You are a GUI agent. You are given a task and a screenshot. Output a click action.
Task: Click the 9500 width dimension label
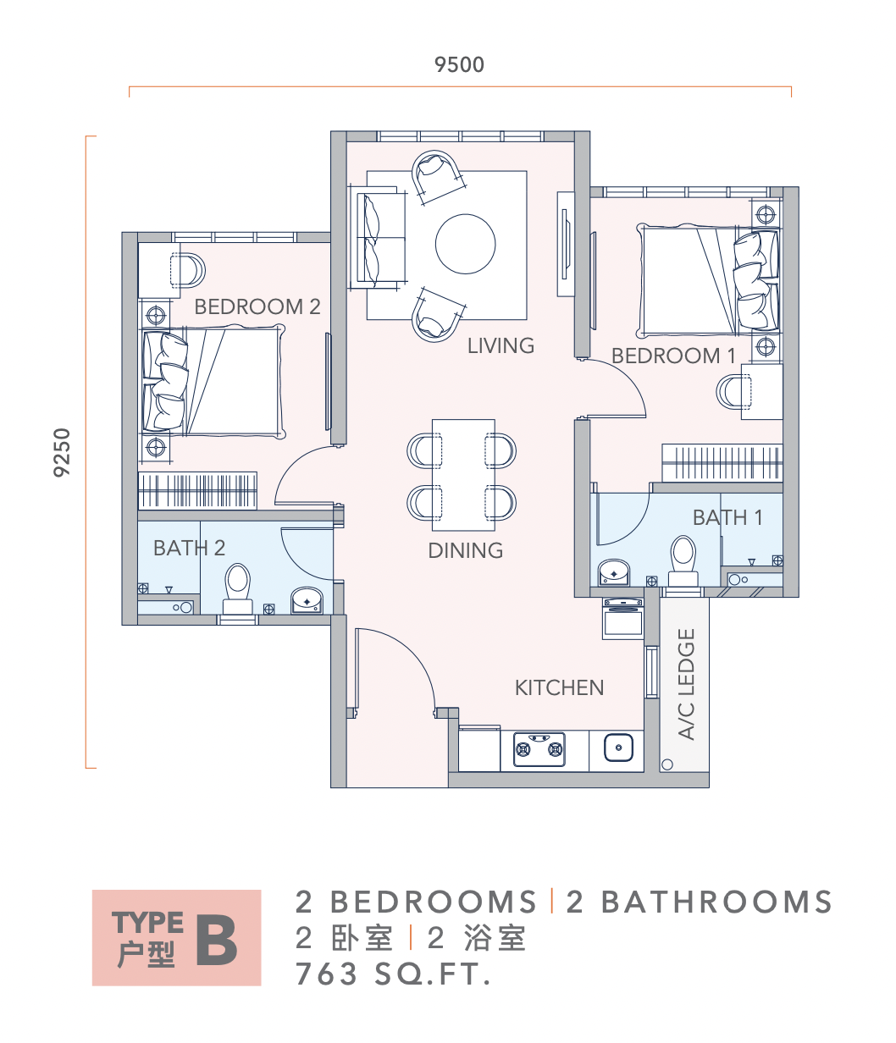tap(459, 64)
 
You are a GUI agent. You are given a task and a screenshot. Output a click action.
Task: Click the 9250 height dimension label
tap(62, 452)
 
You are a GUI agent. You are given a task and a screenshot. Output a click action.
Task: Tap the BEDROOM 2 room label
tap(257, 306)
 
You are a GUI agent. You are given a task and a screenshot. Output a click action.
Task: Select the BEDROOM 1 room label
tap(673, 356)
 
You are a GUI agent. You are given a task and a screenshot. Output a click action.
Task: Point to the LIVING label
tap(501, 345)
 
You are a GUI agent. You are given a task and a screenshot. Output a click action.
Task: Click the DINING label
tap(466, 550)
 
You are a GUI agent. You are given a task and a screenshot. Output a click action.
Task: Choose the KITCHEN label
tap(559, 687)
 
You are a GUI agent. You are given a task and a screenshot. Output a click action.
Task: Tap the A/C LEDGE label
tap(687, 685)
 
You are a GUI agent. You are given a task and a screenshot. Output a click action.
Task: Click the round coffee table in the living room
tap(466, 244)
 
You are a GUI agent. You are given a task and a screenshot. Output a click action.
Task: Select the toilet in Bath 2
tap(237, 588)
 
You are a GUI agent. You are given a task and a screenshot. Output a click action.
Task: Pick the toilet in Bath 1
tap(683, 560)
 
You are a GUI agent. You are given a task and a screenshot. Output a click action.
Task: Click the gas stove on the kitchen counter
tap(539, 749)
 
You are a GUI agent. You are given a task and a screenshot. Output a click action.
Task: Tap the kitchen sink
tap(618, 748)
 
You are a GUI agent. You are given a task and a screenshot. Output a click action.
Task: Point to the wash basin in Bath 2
tap(307, 600)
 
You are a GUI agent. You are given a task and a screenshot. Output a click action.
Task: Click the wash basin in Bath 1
tap(614, 572)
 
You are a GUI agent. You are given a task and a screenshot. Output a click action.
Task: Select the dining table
tap(463, 475)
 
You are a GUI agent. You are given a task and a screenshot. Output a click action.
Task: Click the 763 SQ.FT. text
tap(393, 974)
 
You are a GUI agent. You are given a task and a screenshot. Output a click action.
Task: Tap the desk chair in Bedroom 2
tap(188, 270)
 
